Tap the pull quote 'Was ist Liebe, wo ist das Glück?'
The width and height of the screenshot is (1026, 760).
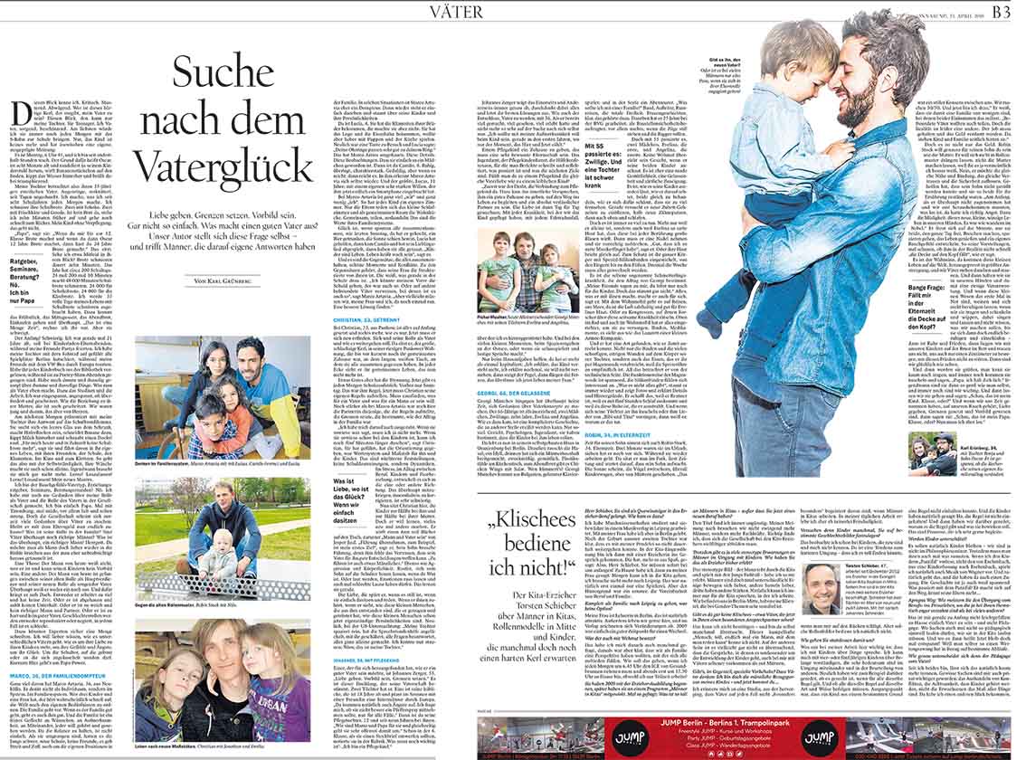click(x=334, y=498)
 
